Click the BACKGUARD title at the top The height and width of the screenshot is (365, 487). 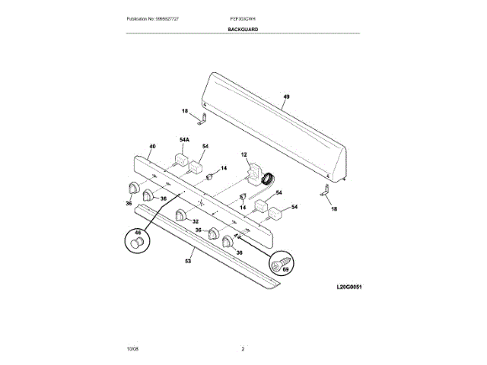tap(242, 29)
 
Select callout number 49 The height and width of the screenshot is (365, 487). tap(286, 97)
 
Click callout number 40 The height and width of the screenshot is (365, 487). tap(152, 146)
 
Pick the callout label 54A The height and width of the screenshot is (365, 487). tap(184, 140)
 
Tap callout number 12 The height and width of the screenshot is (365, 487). tap(245, 155)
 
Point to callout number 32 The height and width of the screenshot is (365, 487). tap(195, 221)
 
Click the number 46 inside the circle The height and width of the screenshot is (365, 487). tap(138, 233)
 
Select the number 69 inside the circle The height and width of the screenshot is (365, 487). tap(286, 268)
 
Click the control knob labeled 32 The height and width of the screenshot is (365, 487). tap(181, 214)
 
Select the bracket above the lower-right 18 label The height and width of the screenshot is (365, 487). tap(325, 195)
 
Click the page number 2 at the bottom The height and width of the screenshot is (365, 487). tap(243, 349)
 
